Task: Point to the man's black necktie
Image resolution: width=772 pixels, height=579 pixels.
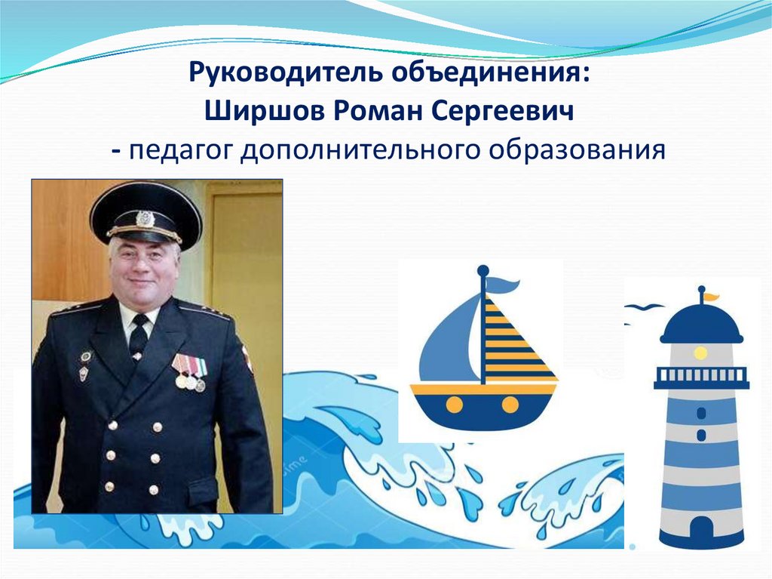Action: point(139,336)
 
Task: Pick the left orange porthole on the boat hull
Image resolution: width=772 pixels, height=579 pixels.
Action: point(454,405)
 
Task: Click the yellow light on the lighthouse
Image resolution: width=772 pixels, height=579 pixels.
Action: point(700,353)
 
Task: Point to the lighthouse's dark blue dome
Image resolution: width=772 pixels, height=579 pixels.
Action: point(700,325)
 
